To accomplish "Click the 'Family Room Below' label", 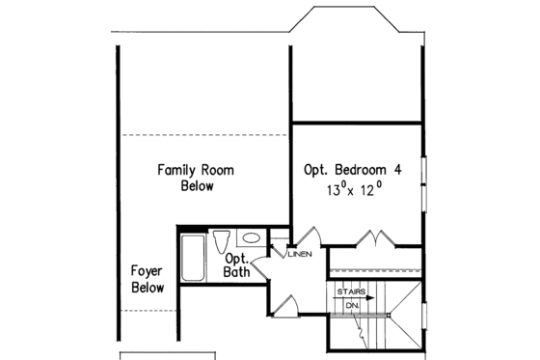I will pyautogui.click(x=196, y=178).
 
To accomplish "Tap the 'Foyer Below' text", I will pyautogui.click(x=148, y=280).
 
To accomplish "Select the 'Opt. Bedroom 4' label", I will pyautogui.click(x=353, y=169).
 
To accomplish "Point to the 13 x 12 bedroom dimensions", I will pyautogui.click(x=354, y=191).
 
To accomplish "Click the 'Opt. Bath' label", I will pyautogui.click(x=237, y=265).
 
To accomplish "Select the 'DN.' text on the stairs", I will pyautogui.click(x=353, y=306).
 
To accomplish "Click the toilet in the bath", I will pyautogui.click(x=220, y=241).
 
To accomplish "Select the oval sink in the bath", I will pyautogui.click(x=249, y=237).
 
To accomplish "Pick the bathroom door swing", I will pyautogui.click(x=263, y=272).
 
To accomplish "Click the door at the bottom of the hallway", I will pyautogui.click(x=285, y=303).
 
